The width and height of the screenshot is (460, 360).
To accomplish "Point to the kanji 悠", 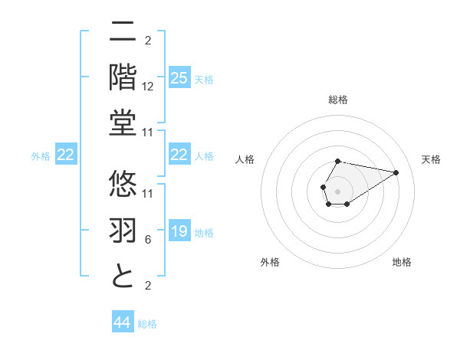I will click(123, 183).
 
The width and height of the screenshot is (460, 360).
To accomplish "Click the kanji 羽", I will click(123, 229).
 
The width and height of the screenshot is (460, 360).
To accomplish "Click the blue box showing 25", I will click(179, 77).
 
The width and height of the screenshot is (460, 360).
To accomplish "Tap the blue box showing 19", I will click(179, 231).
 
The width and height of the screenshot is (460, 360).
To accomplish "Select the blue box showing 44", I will click(123, 322).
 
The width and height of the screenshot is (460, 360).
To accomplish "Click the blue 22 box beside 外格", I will click(66, 155).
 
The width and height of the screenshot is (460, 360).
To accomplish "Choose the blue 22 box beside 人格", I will click(179, 155).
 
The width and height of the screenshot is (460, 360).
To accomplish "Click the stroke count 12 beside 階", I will click(148, 87).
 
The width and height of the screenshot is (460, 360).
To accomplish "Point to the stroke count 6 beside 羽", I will click(148, 240).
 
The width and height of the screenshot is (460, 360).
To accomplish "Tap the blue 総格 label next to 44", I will click(147, 324).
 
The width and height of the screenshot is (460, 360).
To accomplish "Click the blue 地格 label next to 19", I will click(204, 233).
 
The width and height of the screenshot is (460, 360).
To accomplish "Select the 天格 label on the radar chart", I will click(431, 159).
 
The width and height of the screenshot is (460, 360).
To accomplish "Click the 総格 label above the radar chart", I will click(338, 100).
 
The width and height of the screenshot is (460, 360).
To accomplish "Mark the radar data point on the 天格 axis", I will click(396, 172).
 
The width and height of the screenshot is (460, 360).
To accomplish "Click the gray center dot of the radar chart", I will click(337, 191).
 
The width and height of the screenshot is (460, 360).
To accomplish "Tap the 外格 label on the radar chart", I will click(269, 262).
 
